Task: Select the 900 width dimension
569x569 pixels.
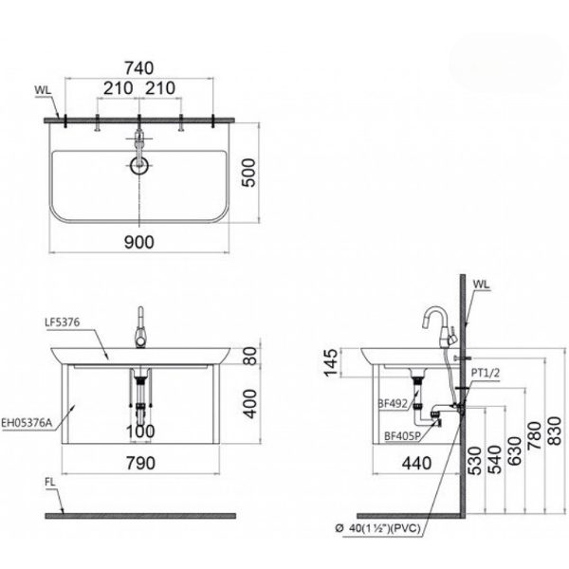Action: tap(138, 243)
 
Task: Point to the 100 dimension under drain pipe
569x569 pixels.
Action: tap(138, 432)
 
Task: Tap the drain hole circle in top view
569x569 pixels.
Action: tap(140, 168)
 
